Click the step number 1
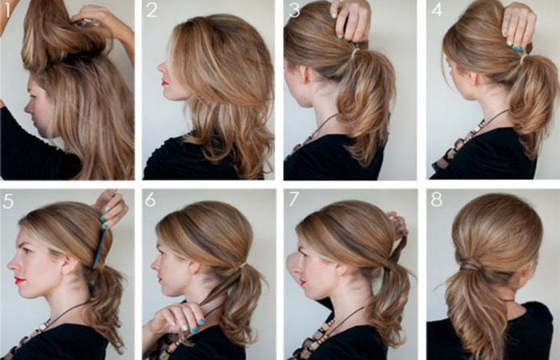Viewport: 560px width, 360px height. [7, 10]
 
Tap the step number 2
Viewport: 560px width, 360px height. [151, 10]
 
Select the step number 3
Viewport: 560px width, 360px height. [294, 10]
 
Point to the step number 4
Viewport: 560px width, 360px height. [437, 10]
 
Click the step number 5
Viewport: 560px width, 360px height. [7, 201]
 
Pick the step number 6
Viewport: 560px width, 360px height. [150, 200]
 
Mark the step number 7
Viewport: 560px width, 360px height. [294, 199]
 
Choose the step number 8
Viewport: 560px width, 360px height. [437, 200]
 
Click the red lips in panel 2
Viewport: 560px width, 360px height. [165, 83]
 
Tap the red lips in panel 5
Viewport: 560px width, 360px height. [20, 280]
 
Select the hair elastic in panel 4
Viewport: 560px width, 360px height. [523, 58]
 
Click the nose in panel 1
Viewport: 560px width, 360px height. [28, 106]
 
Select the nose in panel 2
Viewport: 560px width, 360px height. [161, 66]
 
